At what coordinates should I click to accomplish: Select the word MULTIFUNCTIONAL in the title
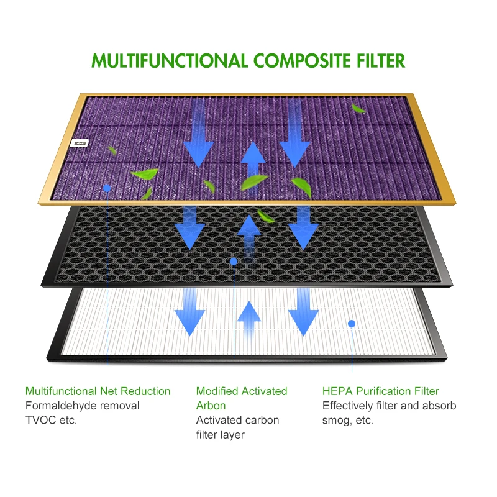[x=169, y=61]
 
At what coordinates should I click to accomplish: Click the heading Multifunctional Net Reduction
[x=98, y=391]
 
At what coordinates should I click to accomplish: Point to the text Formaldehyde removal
[x=82, y=406]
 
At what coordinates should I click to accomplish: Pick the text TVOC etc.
[x=51, y=420]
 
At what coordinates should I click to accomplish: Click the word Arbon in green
[x=211, y=406]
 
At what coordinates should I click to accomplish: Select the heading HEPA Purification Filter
[x=380, y=391]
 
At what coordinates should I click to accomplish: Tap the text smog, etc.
[x=347, y=420]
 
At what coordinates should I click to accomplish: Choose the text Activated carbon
[x=237, y=420]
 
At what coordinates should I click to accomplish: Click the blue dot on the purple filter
[x=107, y=187]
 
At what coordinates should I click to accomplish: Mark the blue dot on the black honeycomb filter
[x=234, y=262]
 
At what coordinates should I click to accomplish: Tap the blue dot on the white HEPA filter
[x=351, y=323]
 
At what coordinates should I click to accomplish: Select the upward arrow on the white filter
[x=250, y=318]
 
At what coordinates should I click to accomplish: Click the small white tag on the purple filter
[x=80, y=143]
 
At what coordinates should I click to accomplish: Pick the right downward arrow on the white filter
[x=303, y=311]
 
